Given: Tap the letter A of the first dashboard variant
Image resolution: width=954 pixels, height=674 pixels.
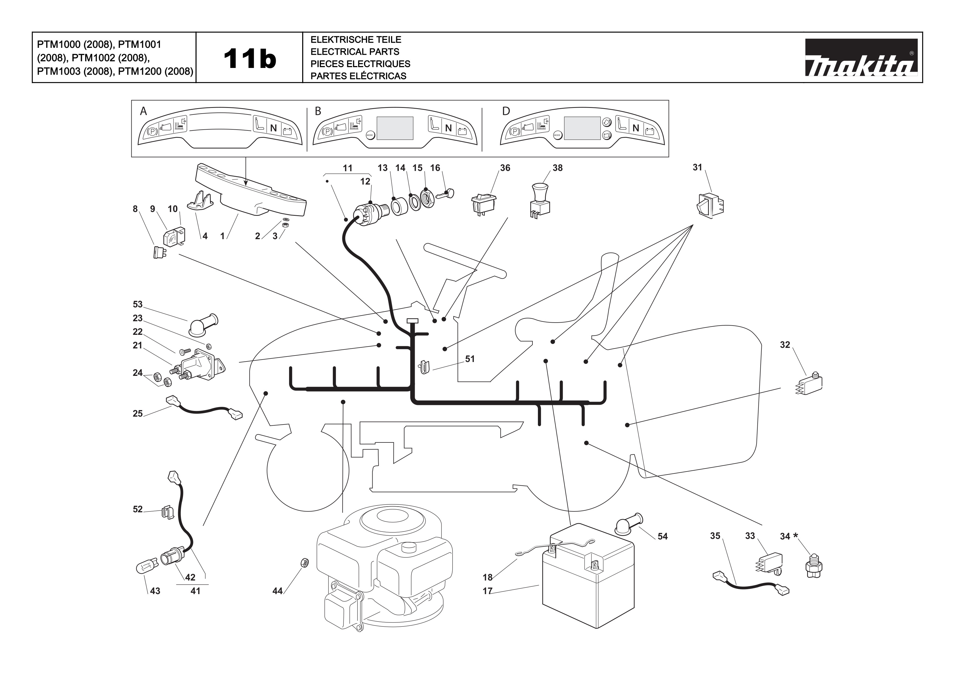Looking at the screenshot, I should pyautogui.click(x=143, y=111).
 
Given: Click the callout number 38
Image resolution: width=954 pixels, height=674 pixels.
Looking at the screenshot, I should pyautogui.click(x=557, y=168).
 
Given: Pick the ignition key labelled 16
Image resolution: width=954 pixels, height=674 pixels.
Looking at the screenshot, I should pyautogui.click(x=445, y=194).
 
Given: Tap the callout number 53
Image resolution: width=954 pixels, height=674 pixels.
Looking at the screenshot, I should pyautogui.click(x=138, y=304).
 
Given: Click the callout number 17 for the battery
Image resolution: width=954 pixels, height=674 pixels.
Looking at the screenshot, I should pyautogui.click(x=487, y=591).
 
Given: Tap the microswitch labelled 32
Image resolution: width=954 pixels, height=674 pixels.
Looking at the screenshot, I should pyautogui.click(x=809, y=383).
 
